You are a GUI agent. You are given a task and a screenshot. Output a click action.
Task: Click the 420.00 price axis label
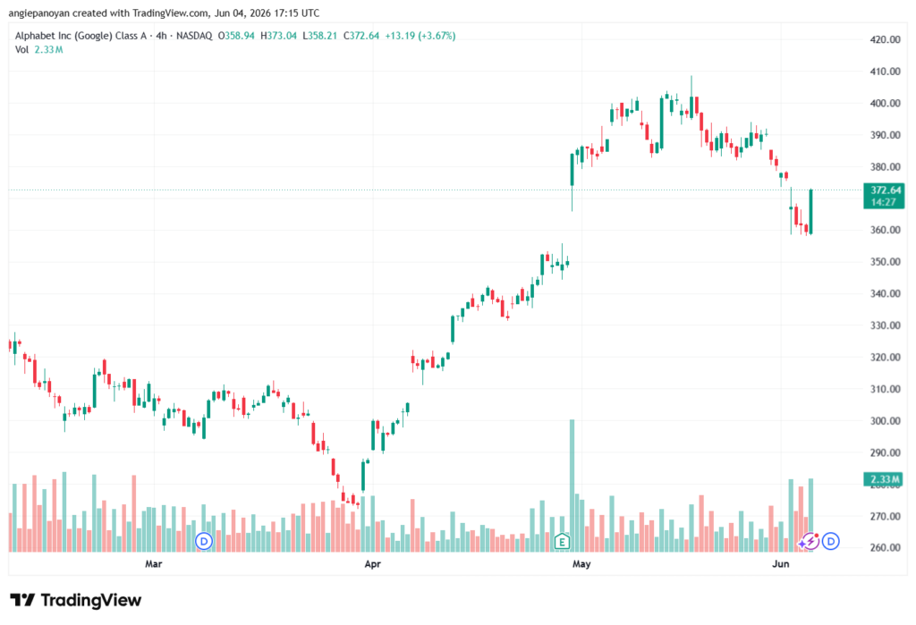885,39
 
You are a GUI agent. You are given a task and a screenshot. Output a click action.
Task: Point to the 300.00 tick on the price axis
885,420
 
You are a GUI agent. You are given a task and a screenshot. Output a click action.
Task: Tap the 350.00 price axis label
885,262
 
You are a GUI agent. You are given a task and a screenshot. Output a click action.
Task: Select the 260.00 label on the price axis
885,547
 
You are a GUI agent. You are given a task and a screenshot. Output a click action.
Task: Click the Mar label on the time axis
154,563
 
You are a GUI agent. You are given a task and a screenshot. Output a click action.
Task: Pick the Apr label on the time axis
372,563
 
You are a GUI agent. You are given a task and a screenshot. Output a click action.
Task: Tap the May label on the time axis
581,563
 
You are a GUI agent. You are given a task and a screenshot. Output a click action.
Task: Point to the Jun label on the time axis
780,563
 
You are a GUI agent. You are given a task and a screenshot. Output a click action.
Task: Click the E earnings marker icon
562,542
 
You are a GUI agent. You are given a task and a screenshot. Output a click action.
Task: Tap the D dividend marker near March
204,542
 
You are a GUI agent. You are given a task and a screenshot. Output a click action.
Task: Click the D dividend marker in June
831,542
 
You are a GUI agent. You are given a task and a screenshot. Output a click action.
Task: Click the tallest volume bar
572,486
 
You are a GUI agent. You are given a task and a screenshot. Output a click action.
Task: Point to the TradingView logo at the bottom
75,600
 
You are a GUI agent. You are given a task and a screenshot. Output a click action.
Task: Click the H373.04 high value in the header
277,36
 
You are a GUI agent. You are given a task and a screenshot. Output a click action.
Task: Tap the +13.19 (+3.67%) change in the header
420,36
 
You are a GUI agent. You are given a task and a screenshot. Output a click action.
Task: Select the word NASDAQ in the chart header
194,36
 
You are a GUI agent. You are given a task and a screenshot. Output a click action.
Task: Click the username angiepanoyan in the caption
38,13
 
